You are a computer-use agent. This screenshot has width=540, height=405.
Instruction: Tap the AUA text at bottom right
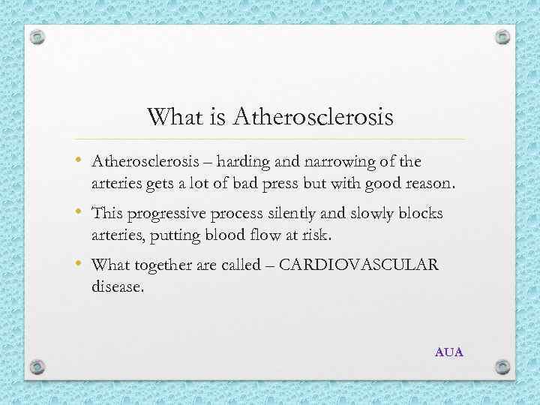449,351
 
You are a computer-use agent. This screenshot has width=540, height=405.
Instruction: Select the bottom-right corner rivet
503,367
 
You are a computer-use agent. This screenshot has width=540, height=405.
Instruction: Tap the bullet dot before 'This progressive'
79,214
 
